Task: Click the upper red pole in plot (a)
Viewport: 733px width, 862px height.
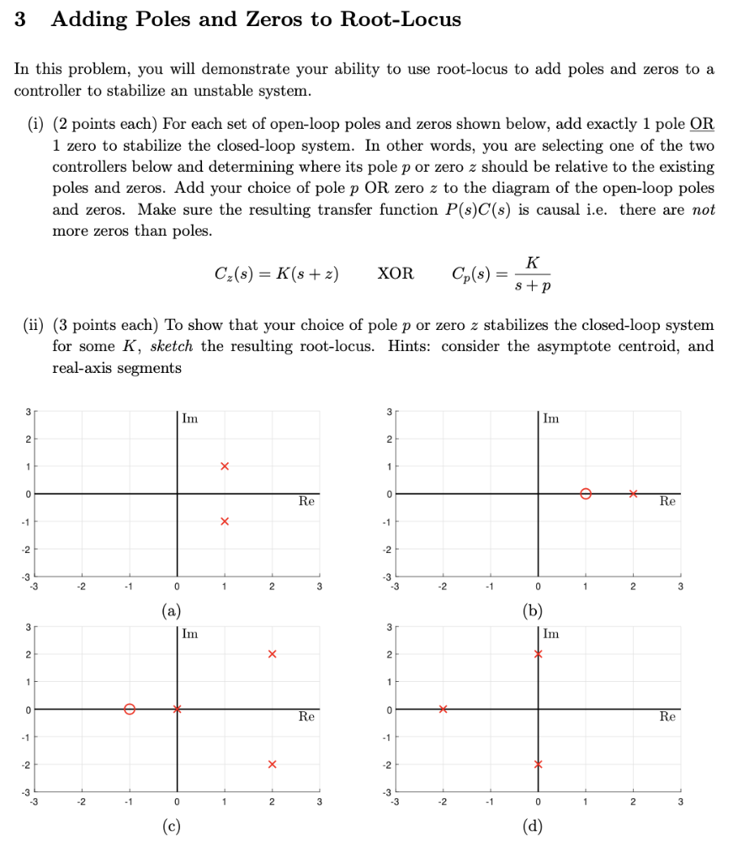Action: [224, 466]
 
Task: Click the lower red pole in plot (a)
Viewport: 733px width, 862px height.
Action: [224, 521]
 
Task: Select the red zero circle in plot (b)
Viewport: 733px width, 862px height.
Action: [586, 493]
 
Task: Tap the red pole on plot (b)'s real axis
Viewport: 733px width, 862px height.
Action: [633, 493]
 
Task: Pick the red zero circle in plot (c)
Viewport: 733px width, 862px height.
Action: [129, 709]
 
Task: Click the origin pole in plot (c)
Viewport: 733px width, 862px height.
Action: [177, 709]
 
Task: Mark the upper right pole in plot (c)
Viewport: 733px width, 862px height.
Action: [272, 654]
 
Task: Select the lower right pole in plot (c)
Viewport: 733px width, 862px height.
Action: [272, 764]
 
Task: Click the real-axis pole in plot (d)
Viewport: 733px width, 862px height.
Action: [443, 709]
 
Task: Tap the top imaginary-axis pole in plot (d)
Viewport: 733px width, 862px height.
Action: [538, 654]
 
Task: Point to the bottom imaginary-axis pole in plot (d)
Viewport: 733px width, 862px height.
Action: [538, 764]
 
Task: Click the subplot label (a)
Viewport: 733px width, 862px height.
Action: [176, 611]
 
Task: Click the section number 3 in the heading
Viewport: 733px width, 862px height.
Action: [20, 19]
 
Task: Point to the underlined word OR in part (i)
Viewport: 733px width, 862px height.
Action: [702, 125]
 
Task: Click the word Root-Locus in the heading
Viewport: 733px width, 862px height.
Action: [401, 19]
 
